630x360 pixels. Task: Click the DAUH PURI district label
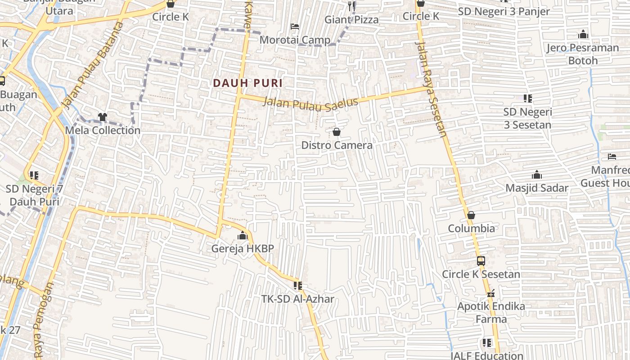[247, 83]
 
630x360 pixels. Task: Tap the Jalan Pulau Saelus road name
[310, 103]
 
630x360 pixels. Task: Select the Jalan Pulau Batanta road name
[92, 66]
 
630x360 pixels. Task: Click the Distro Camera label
[337, 145]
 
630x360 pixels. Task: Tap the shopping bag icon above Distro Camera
[337, 132]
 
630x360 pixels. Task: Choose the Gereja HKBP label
[243, 248]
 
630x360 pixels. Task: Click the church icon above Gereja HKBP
[243, 235]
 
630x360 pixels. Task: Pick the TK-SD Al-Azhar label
[297, 299]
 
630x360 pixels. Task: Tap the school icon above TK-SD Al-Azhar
[297, 285]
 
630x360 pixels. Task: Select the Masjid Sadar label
[537, 188]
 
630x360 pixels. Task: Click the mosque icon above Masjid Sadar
[537, 175]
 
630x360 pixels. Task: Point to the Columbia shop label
[471, 228]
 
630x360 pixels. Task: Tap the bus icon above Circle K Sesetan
[481, 261]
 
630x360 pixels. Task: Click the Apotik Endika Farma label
[491, 312]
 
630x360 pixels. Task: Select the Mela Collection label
[103, 130]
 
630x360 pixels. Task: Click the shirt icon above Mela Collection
[103, 117]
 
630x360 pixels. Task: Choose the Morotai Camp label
[295, 40]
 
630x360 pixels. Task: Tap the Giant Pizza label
[351, 19]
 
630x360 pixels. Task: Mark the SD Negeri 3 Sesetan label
[527, 118]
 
